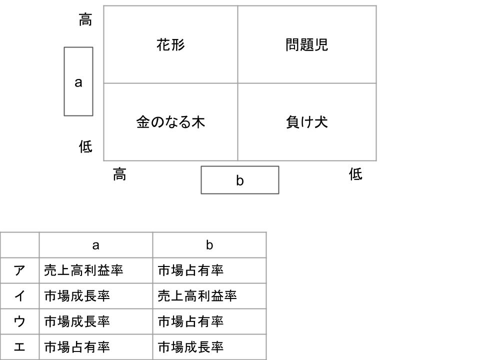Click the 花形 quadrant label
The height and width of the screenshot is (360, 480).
tap(170, 44)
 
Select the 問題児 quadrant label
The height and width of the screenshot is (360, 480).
tap(306, 44)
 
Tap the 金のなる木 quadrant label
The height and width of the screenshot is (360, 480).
tap(170, 122)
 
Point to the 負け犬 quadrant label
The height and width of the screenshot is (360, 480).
tap(306, 122)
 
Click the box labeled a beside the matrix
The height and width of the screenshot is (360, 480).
tap(78, 81)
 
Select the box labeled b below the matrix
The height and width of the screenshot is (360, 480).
tap(240, 180)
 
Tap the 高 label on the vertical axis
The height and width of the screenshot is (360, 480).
tap(85, 19)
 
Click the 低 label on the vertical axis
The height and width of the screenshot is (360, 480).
tap(85, 146)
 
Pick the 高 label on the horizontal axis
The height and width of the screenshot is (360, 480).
tap(119, 174)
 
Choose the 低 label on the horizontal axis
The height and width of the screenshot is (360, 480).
tap(355, 174)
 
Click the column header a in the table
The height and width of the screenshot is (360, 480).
tap(96, 245)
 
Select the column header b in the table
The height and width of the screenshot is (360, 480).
tap(209, 245)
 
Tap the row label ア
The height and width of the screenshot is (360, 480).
tap(19, 270)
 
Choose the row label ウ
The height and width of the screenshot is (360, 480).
tap(19, 321)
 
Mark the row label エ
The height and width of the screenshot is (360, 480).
tap(19, 347)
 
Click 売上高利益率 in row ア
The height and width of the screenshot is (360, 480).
tap(83, 270)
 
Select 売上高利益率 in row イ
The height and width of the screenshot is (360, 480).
tap(197, 296)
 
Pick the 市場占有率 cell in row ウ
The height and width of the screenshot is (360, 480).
tap(190, 321)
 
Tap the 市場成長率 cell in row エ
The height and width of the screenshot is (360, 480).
tap(190, 347)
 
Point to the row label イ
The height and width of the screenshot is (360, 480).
tap(19, 296)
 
